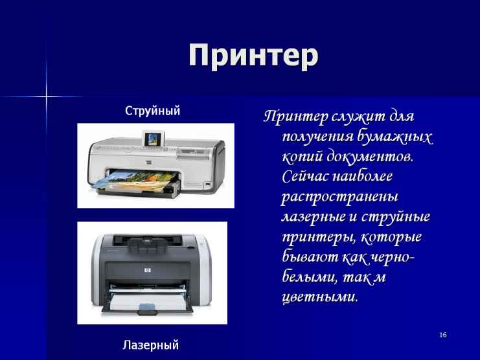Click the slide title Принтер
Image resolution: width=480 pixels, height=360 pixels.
[253, 56]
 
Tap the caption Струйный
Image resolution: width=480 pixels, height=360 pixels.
[152, 111]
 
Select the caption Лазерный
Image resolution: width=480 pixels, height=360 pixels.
[151, 344]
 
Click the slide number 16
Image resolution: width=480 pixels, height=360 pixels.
[443, 335]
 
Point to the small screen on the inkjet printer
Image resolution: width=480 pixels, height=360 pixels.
[154, 139]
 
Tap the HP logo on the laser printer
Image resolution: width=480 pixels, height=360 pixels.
[148, 271]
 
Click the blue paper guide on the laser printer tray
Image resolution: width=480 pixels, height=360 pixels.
[148, 308]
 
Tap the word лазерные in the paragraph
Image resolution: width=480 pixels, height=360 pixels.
[314, 217]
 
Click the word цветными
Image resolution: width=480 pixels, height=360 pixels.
[319, 297]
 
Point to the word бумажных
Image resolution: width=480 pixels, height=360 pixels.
[395, 137]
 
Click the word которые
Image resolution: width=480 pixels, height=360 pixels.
[391, 237]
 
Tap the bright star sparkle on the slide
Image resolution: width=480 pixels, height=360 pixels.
[46, 96]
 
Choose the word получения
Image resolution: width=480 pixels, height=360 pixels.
[317, 137]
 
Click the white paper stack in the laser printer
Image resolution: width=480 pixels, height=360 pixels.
[148, 300]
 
